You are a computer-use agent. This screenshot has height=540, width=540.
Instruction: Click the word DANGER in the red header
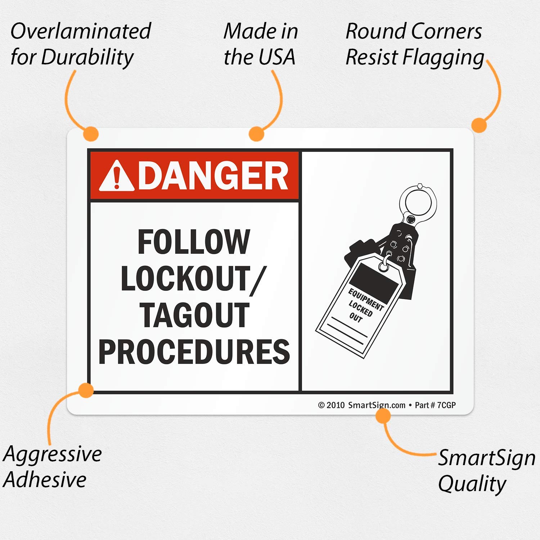213,176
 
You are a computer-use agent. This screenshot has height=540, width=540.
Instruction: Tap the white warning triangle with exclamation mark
117,176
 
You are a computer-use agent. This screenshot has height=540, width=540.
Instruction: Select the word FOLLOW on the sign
194,242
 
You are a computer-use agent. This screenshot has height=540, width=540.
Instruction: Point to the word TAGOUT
194,315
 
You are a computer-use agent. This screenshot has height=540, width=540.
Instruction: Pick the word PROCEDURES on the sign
194,352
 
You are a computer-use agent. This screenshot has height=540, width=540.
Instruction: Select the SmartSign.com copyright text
362,405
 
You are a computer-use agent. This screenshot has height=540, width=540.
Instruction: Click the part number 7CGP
446,405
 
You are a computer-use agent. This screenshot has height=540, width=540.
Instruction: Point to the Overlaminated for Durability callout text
80,44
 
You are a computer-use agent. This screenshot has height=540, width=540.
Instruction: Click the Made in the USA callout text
261,44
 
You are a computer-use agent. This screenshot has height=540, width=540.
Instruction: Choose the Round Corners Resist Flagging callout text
414,44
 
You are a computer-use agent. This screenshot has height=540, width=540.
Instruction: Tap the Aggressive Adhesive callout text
52,467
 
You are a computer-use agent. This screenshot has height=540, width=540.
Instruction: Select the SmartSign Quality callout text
486,470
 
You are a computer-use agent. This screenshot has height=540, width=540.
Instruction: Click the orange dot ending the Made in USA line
257,134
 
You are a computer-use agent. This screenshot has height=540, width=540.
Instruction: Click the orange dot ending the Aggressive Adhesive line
86,390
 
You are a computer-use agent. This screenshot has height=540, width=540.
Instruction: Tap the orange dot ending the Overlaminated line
90,134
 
